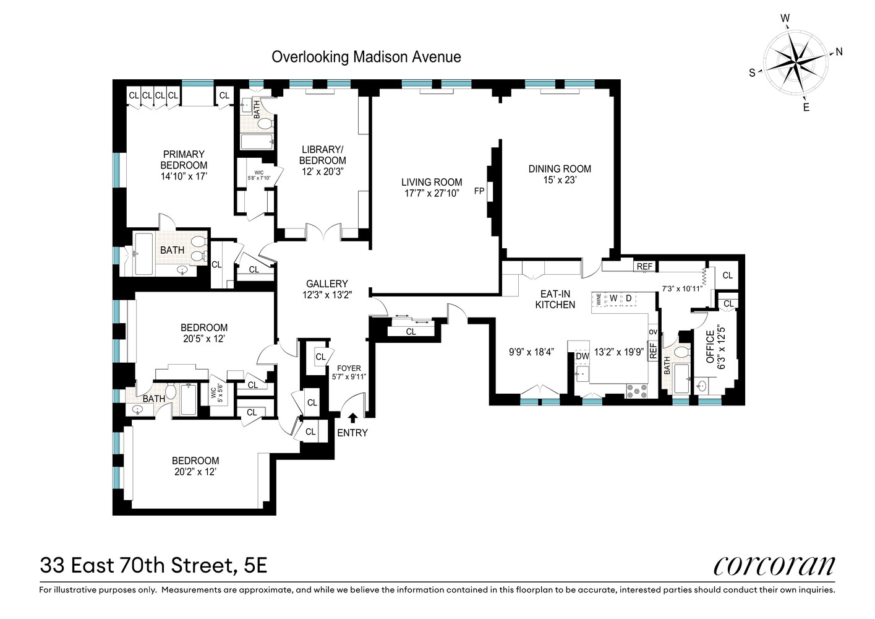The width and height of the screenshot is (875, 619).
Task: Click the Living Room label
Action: click(431, 182)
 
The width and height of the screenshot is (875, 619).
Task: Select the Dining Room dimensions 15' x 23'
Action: click(560, 180)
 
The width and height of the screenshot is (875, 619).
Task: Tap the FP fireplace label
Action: click(479, 191)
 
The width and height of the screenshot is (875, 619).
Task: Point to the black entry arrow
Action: click(352, 418)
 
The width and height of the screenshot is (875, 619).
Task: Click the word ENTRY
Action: click(352, 433)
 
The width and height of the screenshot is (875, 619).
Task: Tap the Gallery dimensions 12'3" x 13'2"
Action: click(327, 295)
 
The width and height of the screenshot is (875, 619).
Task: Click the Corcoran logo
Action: click(774, 565)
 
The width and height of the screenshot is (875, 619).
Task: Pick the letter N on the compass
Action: click(839, 52)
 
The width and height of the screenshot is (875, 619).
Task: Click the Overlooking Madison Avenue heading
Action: click(366, 58)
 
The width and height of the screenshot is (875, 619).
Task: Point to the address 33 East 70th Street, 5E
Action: click(153, 565)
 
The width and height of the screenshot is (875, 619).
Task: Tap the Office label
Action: click(711, 346)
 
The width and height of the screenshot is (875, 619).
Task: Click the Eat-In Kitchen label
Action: click(555, 299)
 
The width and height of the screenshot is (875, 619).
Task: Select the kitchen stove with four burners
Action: click(636, 391)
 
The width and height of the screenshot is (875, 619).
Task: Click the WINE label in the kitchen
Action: click(598, 300)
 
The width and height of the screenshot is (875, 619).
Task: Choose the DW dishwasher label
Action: click(582, 356)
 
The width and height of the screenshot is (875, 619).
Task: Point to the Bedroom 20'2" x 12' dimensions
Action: click(195, 472)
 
